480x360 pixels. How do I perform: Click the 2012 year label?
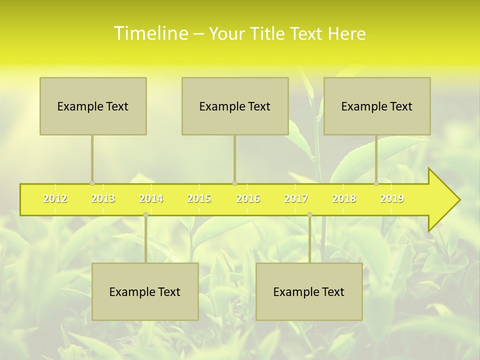(x=55, y=199)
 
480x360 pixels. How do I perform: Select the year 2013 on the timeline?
(x=103, y=199)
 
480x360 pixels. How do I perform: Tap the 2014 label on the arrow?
(x=151, y=199)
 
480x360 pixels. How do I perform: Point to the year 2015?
(x=199, y=199)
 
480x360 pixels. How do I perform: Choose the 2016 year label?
(x=248, y=199)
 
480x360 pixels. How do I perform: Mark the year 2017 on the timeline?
(x=296, y=199)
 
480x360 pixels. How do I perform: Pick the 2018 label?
(x=344, y=199)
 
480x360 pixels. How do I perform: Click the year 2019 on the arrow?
(x=392, y=199)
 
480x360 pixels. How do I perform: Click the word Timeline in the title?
(x=150, y=33)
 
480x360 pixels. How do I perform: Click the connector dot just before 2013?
(x=92, y=183)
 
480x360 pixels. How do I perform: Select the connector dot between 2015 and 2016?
(x=234, y=183)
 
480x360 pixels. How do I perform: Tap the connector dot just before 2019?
(x=376, y=183)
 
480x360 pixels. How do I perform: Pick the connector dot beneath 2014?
(x=145, y=215)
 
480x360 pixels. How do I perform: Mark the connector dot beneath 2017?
(x=309, y=215)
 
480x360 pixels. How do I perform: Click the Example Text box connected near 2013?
(x=93, y=106)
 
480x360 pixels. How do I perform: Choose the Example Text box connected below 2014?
(x=145, y=291)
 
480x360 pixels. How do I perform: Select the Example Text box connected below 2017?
(x=309, y=291)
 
